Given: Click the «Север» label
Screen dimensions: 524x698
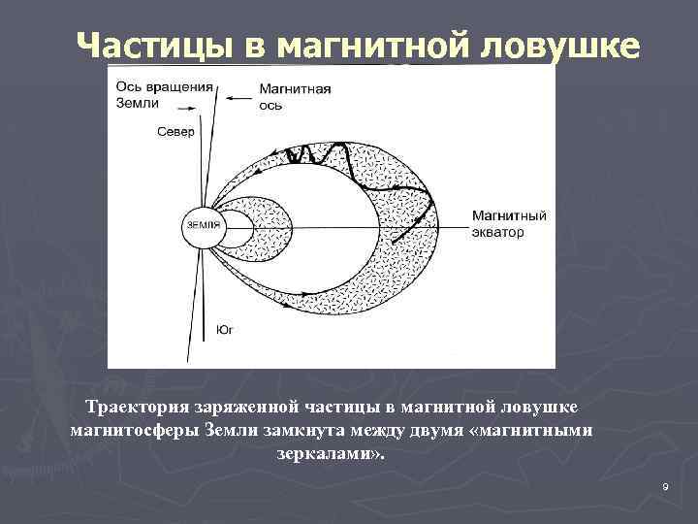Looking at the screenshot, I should [x=175, y=131].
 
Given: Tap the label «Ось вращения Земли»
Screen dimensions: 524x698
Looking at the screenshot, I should [x=160, y=94].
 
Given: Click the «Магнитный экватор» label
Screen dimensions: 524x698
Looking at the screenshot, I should [x=509, y=224].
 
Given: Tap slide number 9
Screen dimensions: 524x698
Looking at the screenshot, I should [x=666, y=485].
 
